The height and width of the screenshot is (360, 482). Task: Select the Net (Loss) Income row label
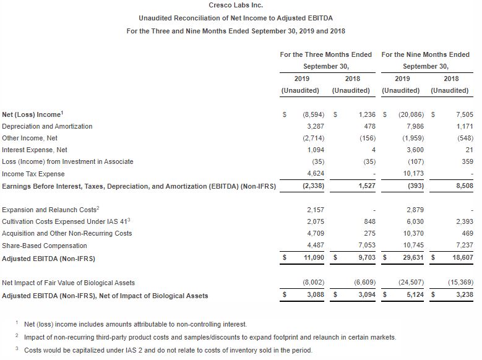[x=32, y=114]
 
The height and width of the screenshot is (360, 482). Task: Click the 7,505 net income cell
[x=464, y=114]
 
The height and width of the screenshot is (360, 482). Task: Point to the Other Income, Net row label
[x=30, y=138]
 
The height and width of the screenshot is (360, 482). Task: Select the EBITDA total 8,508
[x=464, y=186]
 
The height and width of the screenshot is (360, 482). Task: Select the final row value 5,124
[x=415, y=295]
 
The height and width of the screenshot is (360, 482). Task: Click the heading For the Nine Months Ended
[x=426, y=54]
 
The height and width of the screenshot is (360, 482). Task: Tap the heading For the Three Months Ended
[x=326, y=54]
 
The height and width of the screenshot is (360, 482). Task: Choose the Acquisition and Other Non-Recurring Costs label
[x=67, y=234]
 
